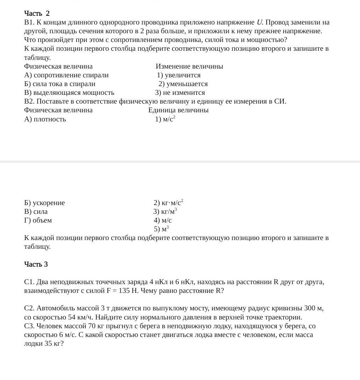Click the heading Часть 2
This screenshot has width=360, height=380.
pyautogui.click(x=37, y=13)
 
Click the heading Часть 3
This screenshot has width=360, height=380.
pyautogui.click(x=36, y=264)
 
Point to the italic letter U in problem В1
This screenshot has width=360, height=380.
pyautogui.click(x=259, y=22)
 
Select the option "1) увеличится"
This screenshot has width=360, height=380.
pyautogui.click(x=178, y=75)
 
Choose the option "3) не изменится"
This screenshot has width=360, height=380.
pyautogui.click(x=180, y=93)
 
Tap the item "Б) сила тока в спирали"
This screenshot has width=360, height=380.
pyautogui.click(x=59, y=84)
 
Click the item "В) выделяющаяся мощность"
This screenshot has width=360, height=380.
pyautogui.click(x=69, y=93)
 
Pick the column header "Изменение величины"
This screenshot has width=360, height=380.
pyautogui.click(x=189, y=66)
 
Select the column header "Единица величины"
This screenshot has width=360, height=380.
pyautogui.click(x=178, y=110)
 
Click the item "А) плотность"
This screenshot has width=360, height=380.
pyautogui.click(x=45, y=119)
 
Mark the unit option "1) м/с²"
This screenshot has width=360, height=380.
pyautogui.click(x=165, y=119)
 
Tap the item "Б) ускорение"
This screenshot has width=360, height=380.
pyautogui.click(x=44, y=203)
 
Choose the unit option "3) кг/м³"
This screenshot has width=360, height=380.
pyautogui.click(x=165, y=212)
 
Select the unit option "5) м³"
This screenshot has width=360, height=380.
pyautogui.click(x=161, y=229)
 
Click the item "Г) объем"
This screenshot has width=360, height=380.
pyautogui.click(x=38, y=220)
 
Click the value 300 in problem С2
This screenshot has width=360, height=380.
pyautogui.click(x=310, y=308)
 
